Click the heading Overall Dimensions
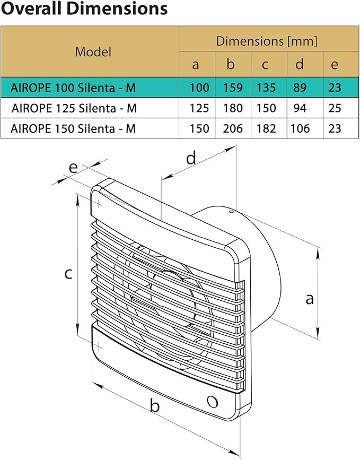84,9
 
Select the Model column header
93,51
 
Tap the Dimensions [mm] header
267,41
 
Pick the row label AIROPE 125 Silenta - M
74,108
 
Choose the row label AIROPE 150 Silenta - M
74,128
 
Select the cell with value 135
266,88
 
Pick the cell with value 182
266,128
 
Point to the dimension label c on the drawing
68,273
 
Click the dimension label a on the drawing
310,299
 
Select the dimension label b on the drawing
155,406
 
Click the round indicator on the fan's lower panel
213,401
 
